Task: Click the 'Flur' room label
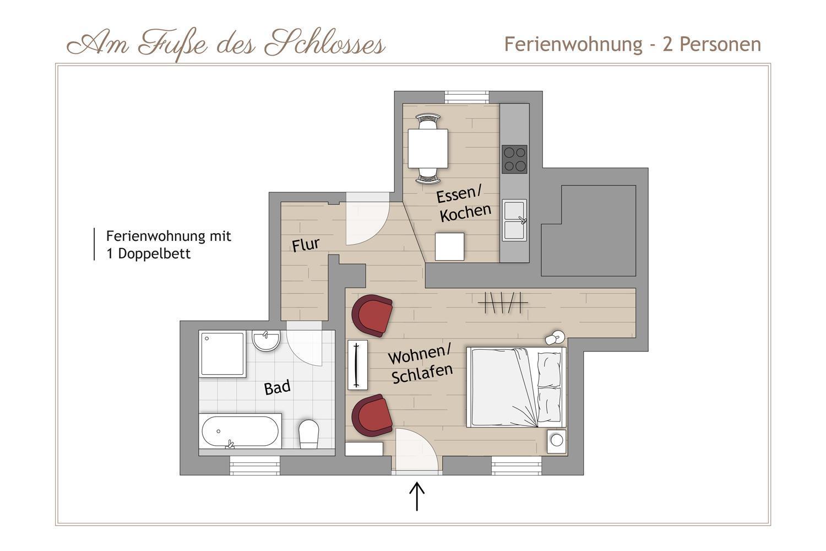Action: click(305, 245)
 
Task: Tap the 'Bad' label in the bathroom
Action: click(278, 387)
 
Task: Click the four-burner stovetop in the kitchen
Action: click(514, 159)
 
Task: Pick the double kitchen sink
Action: click(514, 220)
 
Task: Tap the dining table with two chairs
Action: click(428, 148)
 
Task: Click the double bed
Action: click(517, 387)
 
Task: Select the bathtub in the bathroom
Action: click(240, 431)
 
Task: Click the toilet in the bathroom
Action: click(308, 434)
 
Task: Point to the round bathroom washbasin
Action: click(266, 341)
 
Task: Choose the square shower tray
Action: click(222, 354)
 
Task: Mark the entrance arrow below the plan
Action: click(417, 496)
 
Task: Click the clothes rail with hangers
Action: click(503, 302)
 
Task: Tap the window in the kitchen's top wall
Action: click(467, 97)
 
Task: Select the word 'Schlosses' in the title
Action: click(324, 44)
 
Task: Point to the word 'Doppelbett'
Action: click(154, 254)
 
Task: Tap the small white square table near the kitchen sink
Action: click(449, 246)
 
